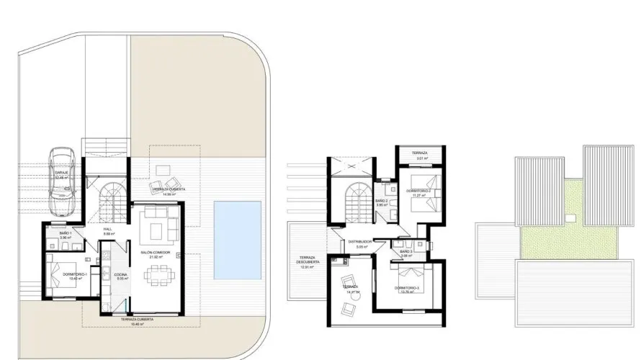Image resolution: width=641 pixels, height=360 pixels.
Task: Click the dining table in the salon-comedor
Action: coord(157,274)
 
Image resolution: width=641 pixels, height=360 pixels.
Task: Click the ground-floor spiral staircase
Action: coord(111,195)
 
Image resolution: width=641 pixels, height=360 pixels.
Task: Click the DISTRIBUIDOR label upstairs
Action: coord(359,242)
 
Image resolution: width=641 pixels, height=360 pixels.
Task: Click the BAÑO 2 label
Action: coord(382,201)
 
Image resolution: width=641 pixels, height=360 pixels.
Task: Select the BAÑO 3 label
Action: coord(405,251)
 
